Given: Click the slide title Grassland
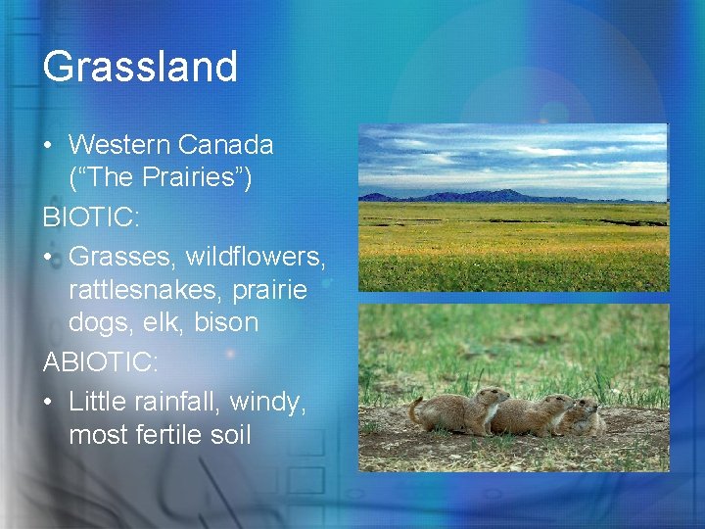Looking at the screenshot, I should pos(140,67).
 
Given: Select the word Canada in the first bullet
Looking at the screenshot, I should pos(228,145).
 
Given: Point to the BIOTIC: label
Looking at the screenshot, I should pos(91,216).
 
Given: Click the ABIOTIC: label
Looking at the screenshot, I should pos(100,361).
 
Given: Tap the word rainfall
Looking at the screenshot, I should pos(183,398).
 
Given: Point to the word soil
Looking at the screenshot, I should pos(229,434).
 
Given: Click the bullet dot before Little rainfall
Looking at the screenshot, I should pos(49,399).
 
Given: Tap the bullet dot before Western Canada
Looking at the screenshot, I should pos(49,146).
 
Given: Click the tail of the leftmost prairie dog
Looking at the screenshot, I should pos(415,410).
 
